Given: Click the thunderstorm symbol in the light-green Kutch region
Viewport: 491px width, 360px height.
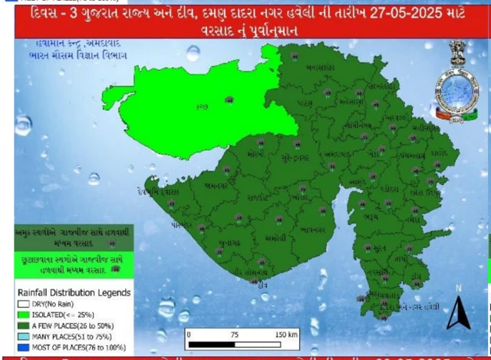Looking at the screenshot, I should coord(229,100).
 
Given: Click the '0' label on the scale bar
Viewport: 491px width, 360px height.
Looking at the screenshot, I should coord(189,335).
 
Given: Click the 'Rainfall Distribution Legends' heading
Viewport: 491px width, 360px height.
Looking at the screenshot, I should coord(72,292).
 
